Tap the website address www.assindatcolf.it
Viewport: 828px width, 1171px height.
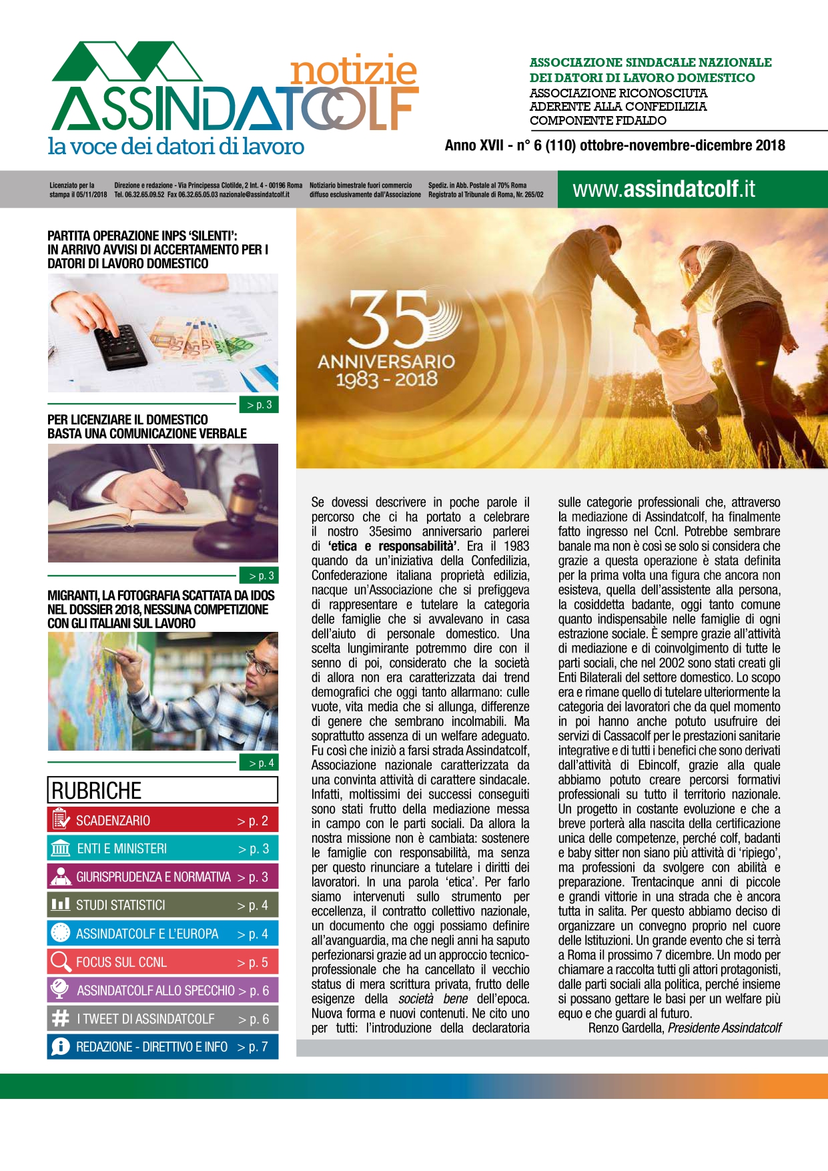click(664, 189)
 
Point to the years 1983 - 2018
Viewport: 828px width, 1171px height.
click(386, 380)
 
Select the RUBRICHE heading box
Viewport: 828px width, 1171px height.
click(162, 790)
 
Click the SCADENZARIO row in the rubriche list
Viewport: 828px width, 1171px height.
click(162, 821)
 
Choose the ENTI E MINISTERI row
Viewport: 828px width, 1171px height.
click(162, 849)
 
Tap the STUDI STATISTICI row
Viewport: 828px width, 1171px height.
click(162, 905)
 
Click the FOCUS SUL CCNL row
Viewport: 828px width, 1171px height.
click(162, 962)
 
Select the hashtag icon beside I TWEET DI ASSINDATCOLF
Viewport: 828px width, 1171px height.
click(61, 1019)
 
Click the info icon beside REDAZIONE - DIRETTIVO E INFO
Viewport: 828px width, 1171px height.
click(61, 1047)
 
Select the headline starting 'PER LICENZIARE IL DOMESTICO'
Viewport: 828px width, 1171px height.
click(147, 426)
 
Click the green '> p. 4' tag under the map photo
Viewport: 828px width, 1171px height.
click(258, 763)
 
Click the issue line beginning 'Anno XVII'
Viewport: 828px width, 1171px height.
click(614, 145)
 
